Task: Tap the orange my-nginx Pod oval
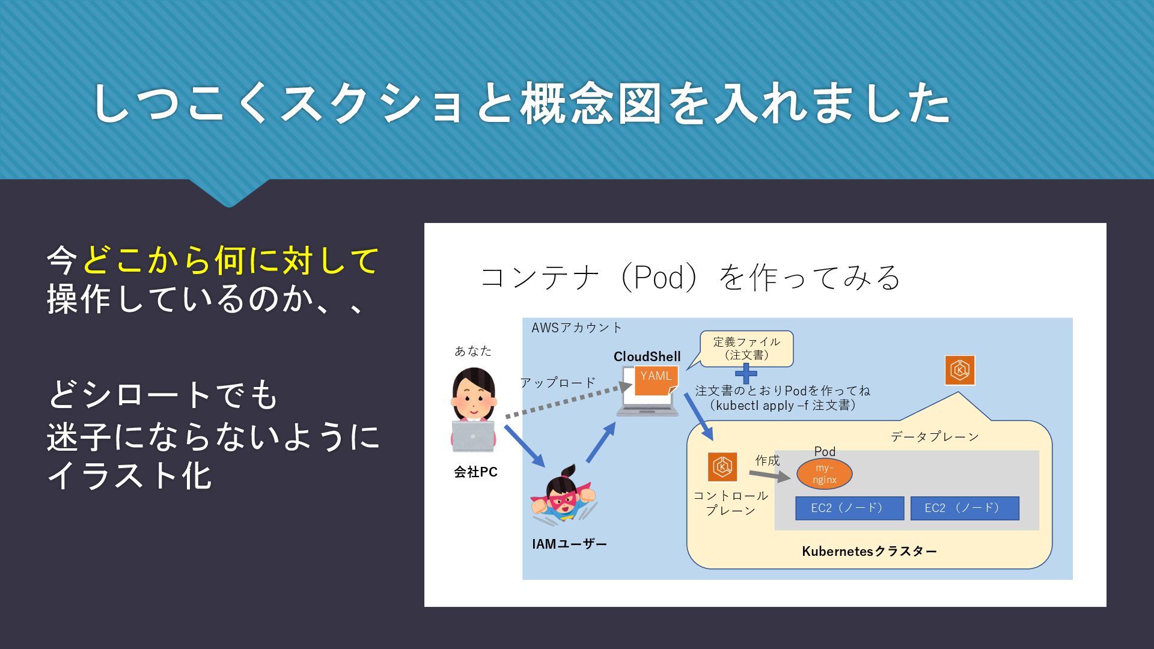[824, 474]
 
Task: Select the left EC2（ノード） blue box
[849, 508]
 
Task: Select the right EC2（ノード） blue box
[965, 508]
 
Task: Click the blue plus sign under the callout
[746, 373]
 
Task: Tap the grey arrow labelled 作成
[770, 476]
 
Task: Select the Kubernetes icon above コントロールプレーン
[722, 467]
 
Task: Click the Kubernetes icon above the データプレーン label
[960, 370]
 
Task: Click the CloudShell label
[647, 356]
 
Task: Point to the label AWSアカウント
[577, 328]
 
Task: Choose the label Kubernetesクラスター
[869, 551]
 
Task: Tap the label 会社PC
[475, 472]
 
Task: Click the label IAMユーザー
[569, 544]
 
